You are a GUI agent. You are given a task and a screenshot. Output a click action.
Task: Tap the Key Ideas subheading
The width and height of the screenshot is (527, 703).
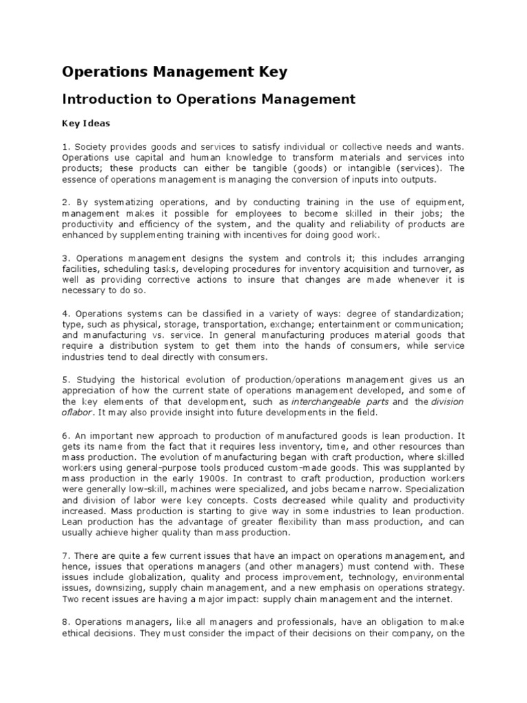click(x=86, y=124)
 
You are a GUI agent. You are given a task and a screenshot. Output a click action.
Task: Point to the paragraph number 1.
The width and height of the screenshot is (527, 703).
click(x=65, y=146)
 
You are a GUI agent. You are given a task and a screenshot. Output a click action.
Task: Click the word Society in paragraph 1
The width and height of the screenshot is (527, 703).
click(x=91, y=146)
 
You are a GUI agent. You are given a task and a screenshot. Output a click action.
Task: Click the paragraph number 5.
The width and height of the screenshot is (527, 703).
click(x=65, y=380)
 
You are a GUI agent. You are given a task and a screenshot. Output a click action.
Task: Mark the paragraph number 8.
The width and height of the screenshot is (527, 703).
click(x=65, y=623)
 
